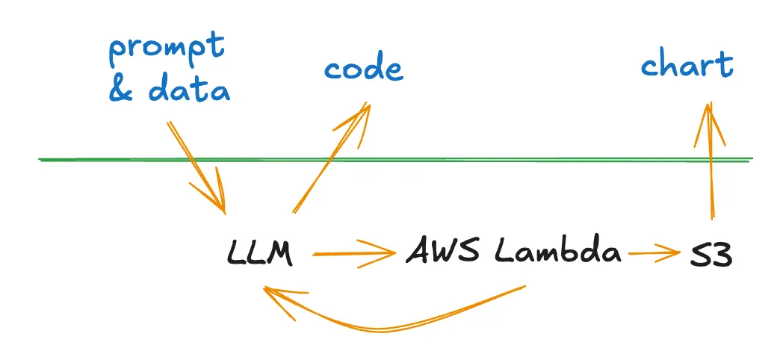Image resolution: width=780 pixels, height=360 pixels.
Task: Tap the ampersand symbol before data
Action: click(x=122, y=90)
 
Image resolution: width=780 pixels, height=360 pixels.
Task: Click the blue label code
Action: click(x=363, y=69)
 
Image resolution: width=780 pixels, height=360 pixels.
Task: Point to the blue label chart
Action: click(x=687, y=66)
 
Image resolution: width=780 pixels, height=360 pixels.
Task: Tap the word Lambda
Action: click(x=557, y=252)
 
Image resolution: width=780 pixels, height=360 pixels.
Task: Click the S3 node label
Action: click(x=711, y=255)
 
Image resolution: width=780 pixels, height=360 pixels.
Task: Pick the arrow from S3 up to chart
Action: click(x=711, y=164)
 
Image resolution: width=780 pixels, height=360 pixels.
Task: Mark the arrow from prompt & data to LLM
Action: click(x=196, y=166)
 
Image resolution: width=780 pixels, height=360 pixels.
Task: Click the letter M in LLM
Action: click(x=278, y=254)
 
